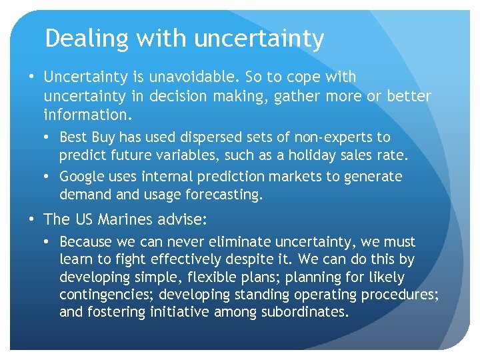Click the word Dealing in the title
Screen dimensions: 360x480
86,39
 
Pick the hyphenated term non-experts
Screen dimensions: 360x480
336,137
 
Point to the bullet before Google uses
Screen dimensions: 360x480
49,177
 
